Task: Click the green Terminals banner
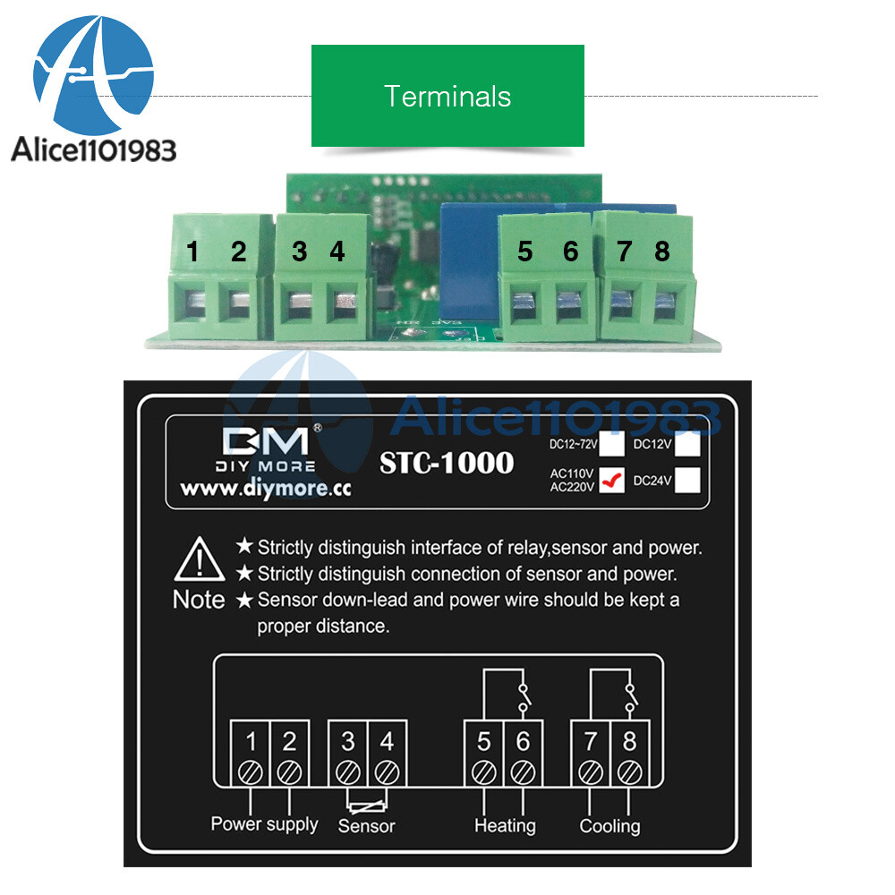[x=447, y=96]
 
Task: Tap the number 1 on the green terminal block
[x=193, y=252]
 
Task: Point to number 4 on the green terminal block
[x=337, y=252]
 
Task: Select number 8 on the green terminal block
[x=661, y=252]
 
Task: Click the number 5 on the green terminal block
[x=524, y=252]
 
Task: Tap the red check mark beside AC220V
[x=613, y=482]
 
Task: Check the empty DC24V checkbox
[x=687, y=481]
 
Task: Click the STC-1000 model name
[x=447, y=463]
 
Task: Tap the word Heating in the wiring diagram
[x=505, y=825]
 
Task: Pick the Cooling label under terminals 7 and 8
[x=609, y=825]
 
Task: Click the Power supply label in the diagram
[x=264, y=823]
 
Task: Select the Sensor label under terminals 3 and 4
[x=366, y=825]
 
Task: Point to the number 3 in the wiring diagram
[x=348, y=741]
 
